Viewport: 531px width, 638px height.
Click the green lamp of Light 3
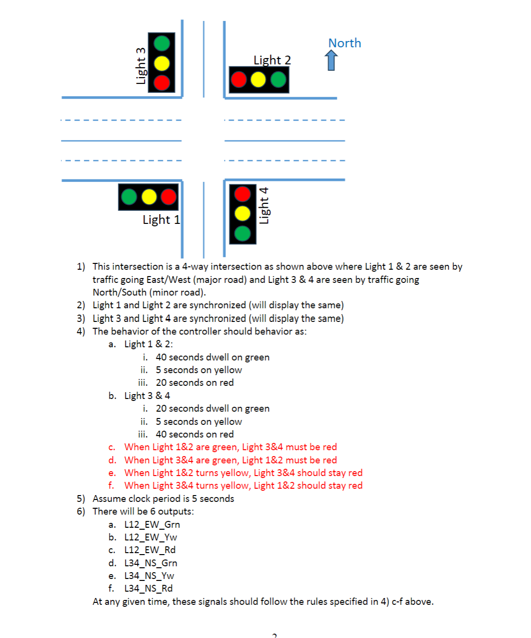tap(162, 43)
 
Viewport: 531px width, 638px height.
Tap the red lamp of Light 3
tap(162, 82)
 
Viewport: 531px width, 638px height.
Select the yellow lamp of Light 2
tap(258, 80)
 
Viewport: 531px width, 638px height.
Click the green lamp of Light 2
tap(278, 80)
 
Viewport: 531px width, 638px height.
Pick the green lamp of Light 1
tap(129, 197)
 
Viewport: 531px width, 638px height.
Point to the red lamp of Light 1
tap(168, 197)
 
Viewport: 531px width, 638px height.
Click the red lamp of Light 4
tap(243, 194)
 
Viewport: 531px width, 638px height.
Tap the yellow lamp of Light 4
tap(243, 213)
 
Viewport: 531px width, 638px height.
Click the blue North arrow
tap(331, 61)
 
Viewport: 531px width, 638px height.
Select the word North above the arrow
tap(345, 43)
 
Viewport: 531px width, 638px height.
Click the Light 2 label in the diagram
tap(272, 60)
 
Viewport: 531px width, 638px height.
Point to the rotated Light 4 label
tap(264, 205)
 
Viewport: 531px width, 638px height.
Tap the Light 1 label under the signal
tap(161, 219)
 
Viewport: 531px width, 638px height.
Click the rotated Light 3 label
tap(141, 66)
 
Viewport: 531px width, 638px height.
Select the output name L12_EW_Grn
tap(152, 524)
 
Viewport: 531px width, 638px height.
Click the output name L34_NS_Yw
tap(149, 576)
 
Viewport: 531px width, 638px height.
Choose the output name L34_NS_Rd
tap(148, 588)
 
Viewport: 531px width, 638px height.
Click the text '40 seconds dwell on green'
tap(212, 357)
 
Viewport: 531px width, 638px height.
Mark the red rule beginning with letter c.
tap(230, 447)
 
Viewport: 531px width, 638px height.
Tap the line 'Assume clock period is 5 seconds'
tap(163, 498)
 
